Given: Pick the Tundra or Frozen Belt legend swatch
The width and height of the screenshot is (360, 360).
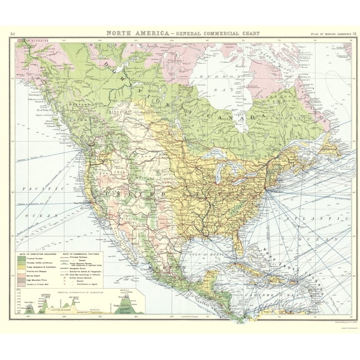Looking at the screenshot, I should pos(21,285).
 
